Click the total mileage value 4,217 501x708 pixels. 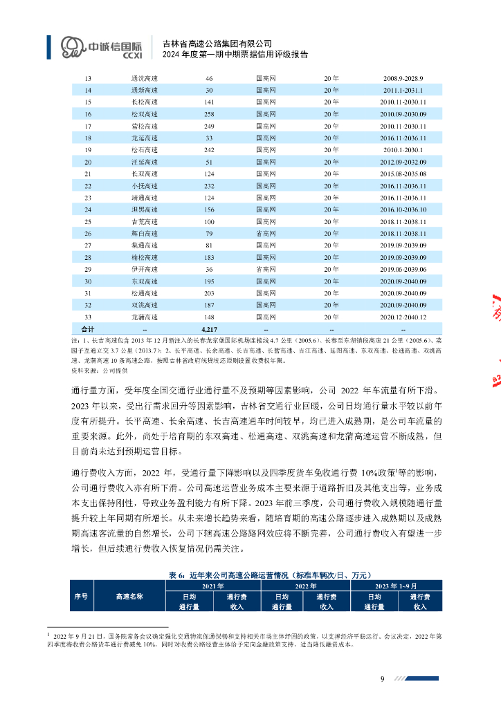pyautogui.click(x=209, y=328)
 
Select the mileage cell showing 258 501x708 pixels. pyautogui.click(x=209, y=113)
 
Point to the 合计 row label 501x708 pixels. pyautogui.click(x=88, y=328)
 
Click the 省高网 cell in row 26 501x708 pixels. pyautogui.click(x=266, y=234)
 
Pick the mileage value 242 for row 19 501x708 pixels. pyautogui.click(x=209, y=149)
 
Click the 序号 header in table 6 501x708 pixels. pyautogui.click(x=80, y=596)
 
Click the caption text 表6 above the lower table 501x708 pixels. pyautogui.click(x=175, y=575)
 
